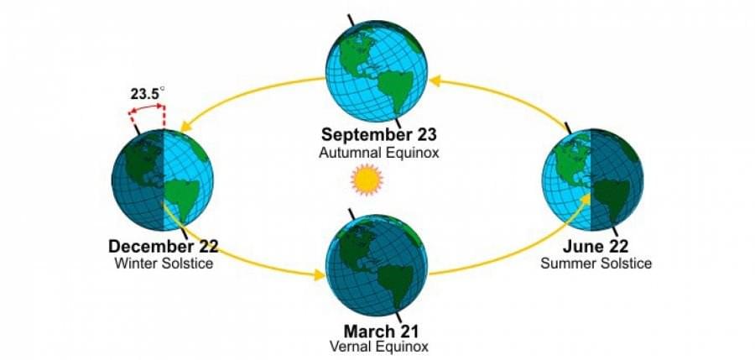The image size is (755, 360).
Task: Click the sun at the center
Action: coord(367,180)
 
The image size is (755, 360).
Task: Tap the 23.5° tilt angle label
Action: coord(148,93)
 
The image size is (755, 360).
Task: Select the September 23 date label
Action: coord(378,134)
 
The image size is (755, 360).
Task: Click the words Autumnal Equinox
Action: coord(378,153)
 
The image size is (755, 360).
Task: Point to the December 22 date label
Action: coord(164,246)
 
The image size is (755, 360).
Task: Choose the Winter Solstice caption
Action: coord(164,263)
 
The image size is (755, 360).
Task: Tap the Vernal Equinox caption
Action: coord(378,347)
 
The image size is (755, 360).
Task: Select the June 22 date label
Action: coord(596,246)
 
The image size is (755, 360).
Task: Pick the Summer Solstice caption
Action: coord(596,263)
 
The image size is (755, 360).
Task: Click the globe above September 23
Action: coord(376,70)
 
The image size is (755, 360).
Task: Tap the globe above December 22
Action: coord(162,180)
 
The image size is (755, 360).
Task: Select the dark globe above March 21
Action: coord(376,265)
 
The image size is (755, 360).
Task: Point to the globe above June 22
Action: coord(592,180)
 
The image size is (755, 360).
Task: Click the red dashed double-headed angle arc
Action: coord(147,107)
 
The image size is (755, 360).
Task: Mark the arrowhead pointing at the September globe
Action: coord(435,81)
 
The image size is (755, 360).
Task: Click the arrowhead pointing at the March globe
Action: coord(320,274)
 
